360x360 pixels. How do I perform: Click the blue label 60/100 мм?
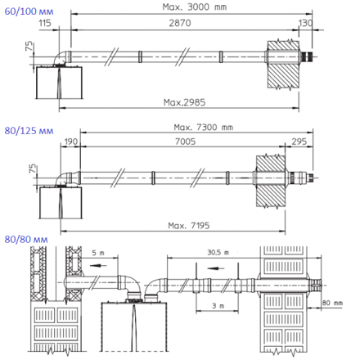(24, 10)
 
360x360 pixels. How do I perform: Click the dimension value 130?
(304, 26)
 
